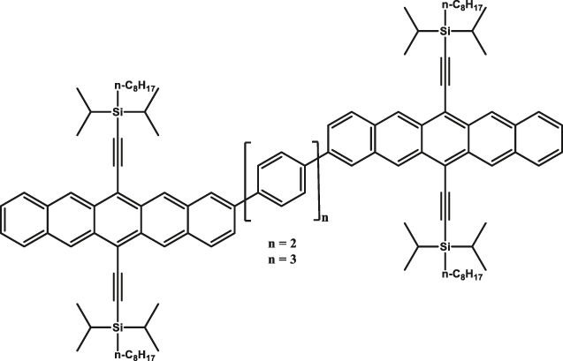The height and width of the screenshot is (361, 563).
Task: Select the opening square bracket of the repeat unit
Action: pyautogui.click(x=248, y=177)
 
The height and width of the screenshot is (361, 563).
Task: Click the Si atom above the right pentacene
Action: pyautogui.click(x=445, y=32)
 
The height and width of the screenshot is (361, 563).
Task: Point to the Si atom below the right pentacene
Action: pyautogui.click(x=445, y=248)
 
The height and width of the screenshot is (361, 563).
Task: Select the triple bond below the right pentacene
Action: pyautogui.click(x=445, y=207)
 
